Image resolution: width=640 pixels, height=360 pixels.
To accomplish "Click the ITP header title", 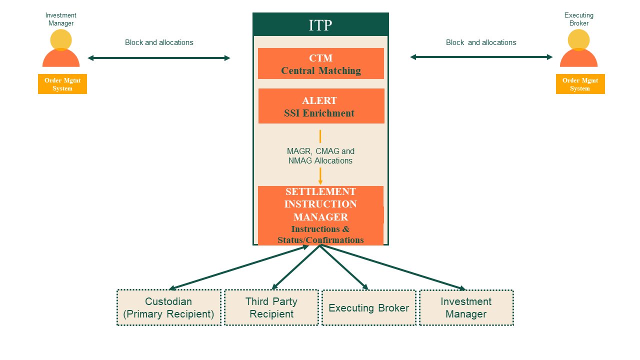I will click(x=320, y=25).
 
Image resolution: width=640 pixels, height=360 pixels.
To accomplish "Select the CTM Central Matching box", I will click(x=320, y=63).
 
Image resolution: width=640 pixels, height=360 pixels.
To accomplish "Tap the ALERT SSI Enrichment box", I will click(x=321, y=106).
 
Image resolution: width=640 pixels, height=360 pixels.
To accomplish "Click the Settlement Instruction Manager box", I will click(x=320, y=215).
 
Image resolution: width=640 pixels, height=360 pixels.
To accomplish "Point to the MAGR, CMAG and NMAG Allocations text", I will click(x=320, y=156).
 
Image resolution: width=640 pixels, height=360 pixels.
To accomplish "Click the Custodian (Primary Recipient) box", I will click(x=168, y=307).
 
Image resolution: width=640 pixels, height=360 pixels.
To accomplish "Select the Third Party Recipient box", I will click(x=271, y=307).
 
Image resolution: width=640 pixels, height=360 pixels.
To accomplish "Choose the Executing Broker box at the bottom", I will click(x=368, y=308).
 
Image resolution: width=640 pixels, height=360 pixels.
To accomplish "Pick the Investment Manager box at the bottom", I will click(x=466, y=307).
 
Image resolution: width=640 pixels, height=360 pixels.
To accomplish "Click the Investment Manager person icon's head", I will click(x=61, y=39).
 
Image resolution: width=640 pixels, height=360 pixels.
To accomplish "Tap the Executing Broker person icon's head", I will click(x=578, y=39).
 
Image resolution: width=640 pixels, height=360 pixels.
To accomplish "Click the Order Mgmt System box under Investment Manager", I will click(x=62, y=84).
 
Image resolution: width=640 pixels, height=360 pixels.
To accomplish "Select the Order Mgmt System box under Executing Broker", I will click(x=580, y=84).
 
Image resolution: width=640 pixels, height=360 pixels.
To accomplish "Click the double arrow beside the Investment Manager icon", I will click(x=159, y=58).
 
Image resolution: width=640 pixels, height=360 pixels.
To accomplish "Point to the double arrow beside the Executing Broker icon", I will click(x=481, y=57).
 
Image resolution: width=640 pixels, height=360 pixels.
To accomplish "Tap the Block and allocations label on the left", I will click(x=159, y=42).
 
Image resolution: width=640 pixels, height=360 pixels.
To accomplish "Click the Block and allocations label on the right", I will click(x=481, y=42).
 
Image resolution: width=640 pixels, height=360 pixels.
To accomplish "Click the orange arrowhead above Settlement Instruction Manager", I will click(x=320, y=182).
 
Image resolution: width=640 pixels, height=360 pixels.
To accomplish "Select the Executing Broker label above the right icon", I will click(x=579, y=19).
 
